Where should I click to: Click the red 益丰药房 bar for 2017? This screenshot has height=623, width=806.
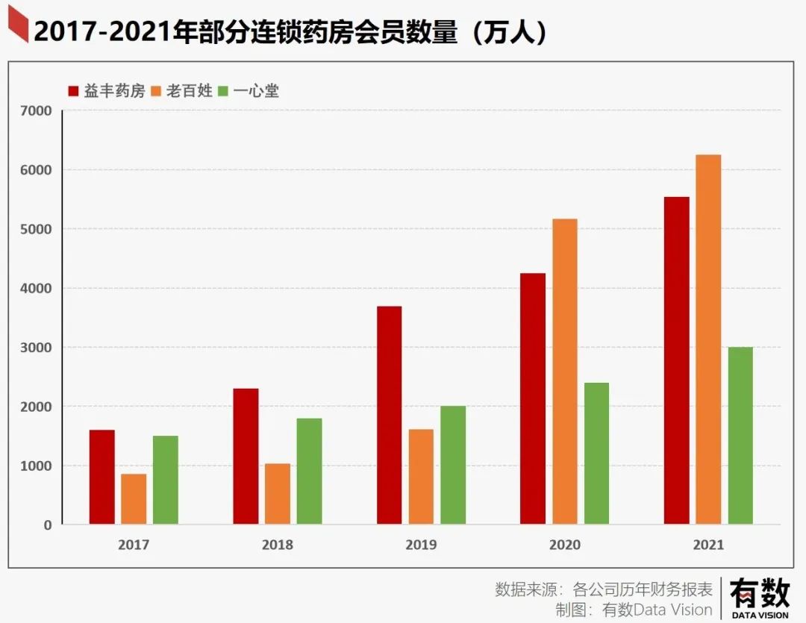(x=102, y=478)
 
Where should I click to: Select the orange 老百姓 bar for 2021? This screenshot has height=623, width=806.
(x=708, y=339)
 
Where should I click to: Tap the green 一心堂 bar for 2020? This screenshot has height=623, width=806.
(x=596, y=454)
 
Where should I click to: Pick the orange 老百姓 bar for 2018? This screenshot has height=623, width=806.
(x=278, y=494)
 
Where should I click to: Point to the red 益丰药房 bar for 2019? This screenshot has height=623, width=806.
(x=389, y=416)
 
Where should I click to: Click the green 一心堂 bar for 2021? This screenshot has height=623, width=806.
(x=740, y=436)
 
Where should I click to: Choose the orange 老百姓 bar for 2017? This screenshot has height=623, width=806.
(x=134, y=499)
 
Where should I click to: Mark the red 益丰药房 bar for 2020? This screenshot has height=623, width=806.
(x=533, y=399)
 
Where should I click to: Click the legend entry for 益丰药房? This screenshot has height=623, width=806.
(x=106, y=92)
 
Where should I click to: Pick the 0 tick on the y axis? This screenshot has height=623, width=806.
(x=48, y=525)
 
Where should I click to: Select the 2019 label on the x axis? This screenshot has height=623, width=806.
(x=421, y=545)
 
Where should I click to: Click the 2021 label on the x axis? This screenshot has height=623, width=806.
(x=708, y=545)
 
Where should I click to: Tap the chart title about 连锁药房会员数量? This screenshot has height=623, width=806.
(x=291, y=32)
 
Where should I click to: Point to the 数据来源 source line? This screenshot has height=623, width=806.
(x=604, y=588)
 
